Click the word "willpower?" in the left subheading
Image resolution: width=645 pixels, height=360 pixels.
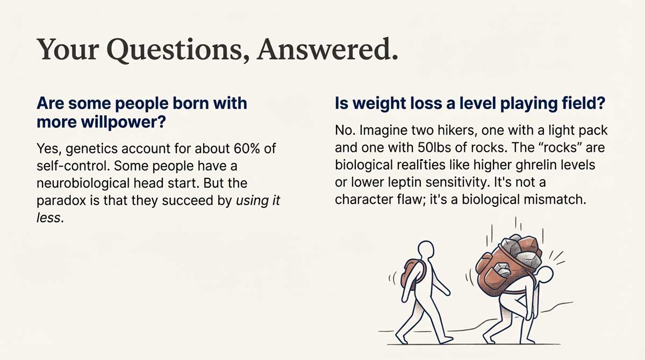click(129, 123)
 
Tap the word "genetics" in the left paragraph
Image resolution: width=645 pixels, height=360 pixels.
click(87, 148)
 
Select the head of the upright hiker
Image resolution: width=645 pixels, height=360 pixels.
click(426, 250)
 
